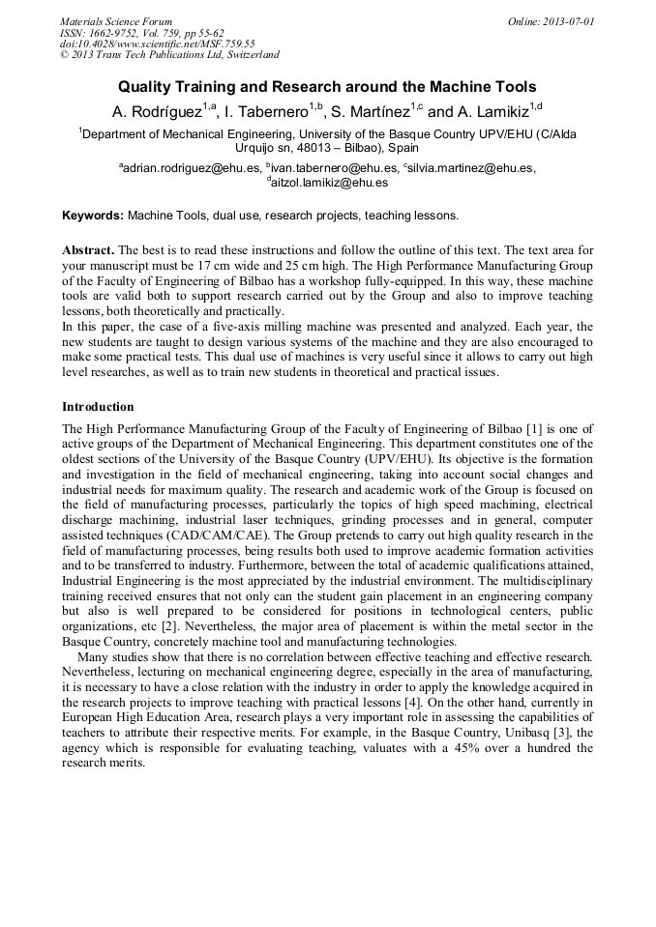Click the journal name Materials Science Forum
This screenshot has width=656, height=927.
coord(116,20)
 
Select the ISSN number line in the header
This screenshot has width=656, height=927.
coord(141,32)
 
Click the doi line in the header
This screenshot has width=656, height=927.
coord(157,43)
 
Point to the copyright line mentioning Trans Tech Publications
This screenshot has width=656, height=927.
coord(169,55)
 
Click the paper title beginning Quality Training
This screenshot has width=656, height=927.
coord(327,87)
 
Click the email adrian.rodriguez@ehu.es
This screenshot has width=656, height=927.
coord(192,167)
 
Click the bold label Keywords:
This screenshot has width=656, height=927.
coord(93,215)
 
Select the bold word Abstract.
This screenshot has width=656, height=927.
coord(88,249)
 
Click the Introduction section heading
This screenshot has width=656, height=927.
coord(98,406)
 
